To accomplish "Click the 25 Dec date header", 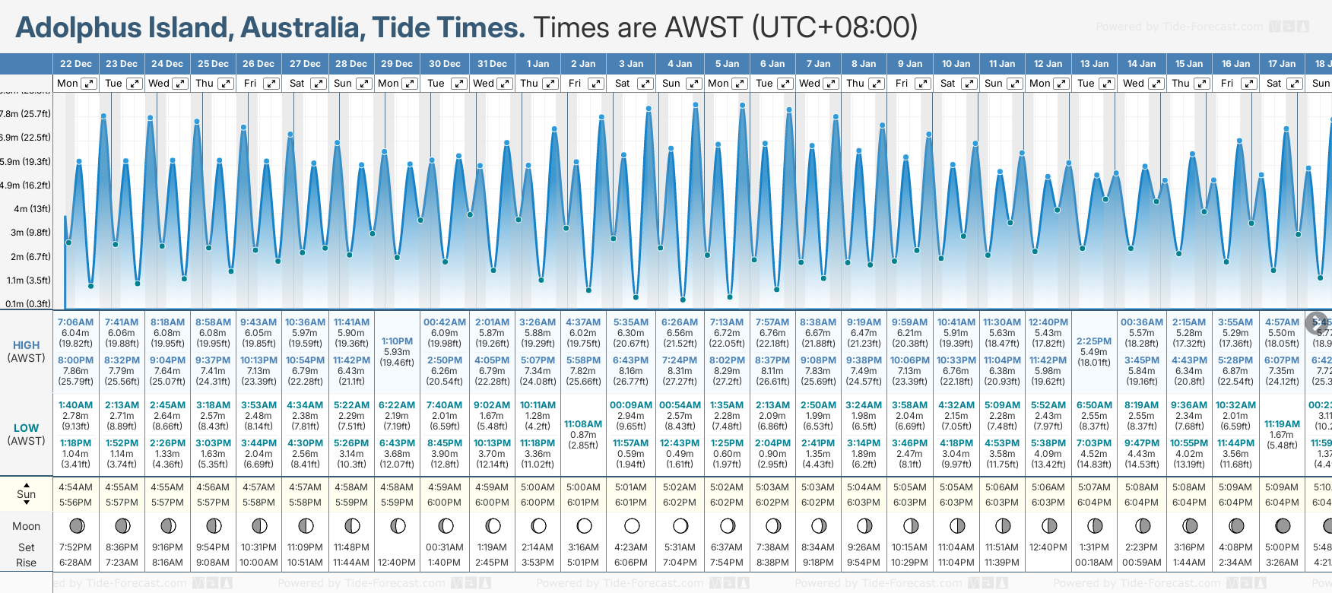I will [213, 64].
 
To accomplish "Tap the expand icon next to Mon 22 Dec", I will [89, 84].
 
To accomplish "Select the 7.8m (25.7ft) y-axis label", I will [26, 114].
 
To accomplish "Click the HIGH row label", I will [26, 345].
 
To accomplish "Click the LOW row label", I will [26, 428].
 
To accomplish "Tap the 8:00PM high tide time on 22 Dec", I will [75, 360].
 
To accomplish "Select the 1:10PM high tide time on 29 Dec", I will [397, 341].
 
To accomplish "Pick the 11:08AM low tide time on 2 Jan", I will [583, 424].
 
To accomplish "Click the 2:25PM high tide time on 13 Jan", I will [1094, 341].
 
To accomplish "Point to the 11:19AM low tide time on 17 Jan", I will [1282, 424].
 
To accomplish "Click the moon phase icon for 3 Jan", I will [632, 525].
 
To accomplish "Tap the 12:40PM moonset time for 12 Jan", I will [1048, 547].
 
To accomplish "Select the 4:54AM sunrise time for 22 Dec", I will [75, 487].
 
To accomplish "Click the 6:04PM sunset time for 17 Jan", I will [1282, 503].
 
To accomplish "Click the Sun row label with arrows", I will [26, 494].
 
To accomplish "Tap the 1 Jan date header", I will [538, 64].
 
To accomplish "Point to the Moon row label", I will [26, 526].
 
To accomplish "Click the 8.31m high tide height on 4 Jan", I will [680, 371].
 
